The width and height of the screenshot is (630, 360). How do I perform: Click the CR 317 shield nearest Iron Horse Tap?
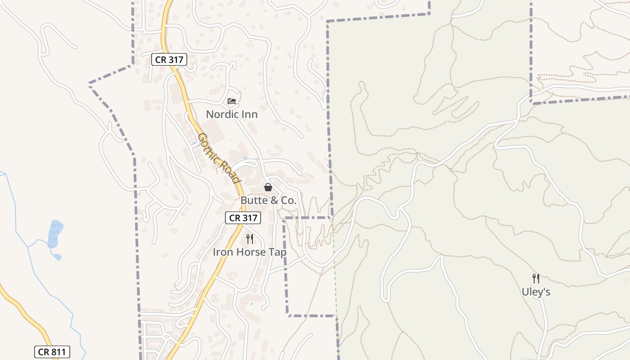[243, 218]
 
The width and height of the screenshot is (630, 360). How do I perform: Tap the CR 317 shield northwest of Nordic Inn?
[169, 59]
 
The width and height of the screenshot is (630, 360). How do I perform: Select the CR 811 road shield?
[52, 352]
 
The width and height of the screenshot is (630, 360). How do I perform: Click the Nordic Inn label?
[232, 114]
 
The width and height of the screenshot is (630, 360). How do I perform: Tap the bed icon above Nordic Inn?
[232, 101]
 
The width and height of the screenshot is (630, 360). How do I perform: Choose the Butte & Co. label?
[268, 201]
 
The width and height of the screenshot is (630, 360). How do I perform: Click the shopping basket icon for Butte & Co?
[268, 187]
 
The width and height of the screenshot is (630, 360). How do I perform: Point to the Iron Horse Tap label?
[249, 252]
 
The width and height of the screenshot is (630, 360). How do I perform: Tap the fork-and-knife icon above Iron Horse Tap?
[249, 239]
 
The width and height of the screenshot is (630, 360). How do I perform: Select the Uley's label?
[536, 292]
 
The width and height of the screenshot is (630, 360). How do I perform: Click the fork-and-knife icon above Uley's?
[535, 279]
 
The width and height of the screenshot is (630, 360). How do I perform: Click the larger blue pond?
[55, 233]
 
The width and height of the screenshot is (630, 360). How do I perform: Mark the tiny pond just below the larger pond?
[57, 257]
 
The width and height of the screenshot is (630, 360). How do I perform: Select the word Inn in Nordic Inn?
[249, 114]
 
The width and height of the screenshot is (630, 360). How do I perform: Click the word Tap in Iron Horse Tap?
[277, 252]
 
